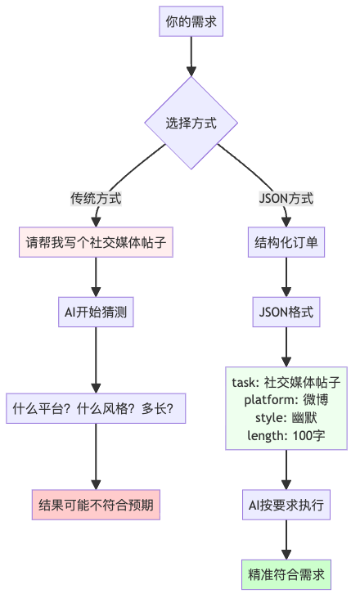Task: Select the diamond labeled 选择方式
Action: tap(191, 124)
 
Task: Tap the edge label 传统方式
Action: tap(96, 198)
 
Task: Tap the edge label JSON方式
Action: tap(286, 198)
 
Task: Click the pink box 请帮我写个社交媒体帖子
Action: tap(96, 242)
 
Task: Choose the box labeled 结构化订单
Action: tap(286, 242)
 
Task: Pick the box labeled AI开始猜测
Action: tap(96, 312)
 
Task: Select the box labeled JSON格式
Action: tap(286, 312)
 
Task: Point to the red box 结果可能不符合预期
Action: tap(96, 505)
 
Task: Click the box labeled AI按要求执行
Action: tap(286, 505)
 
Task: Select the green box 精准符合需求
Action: tap(286, 574)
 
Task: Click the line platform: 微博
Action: tap(286, 399)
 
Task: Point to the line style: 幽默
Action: tap(286, 417)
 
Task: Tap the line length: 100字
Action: tap(286, 435)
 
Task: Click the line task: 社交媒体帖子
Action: tap(286, 381)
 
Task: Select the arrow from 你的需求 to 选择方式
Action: tap(191, 56)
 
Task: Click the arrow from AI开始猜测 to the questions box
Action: tap(96, 360)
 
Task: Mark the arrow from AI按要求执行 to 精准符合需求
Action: tap(286, 540)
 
